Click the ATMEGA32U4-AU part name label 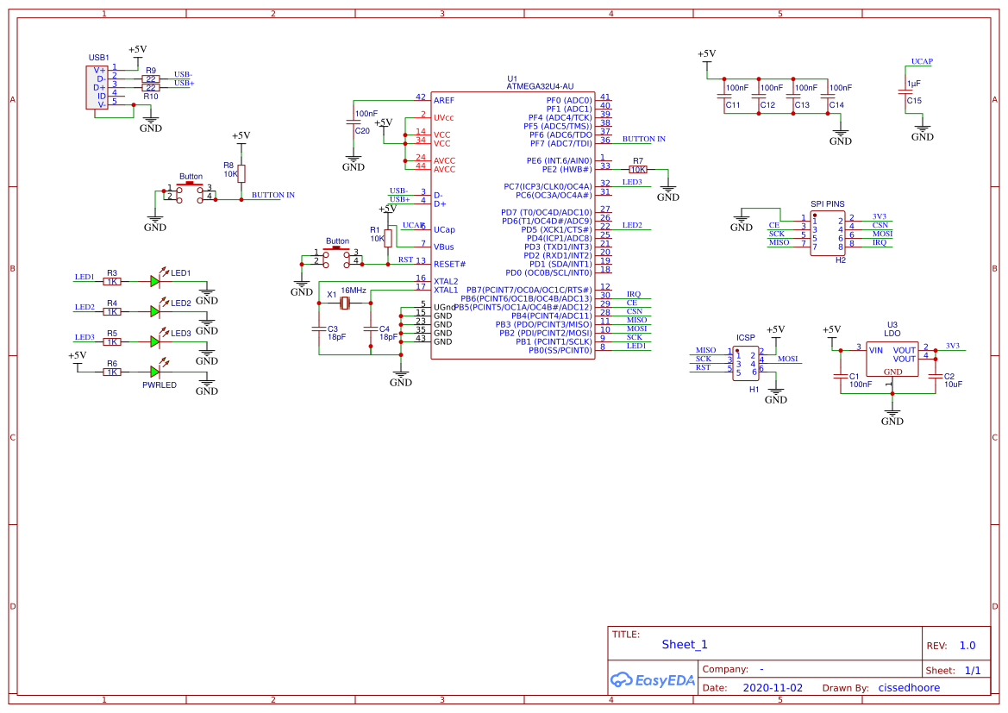(x=539, y=86)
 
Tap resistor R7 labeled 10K (x=638, y=170)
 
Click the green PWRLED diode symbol (x=155, y=371)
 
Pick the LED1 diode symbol (x=155, y=280)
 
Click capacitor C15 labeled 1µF (x=905, y=91)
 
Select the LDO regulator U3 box (x=892, y=358)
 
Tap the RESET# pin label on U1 (x=449, y=264)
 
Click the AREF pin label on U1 (x=444, y=100)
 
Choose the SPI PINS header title (x=828, y=203)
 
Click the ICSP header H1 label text (x=746, y=338)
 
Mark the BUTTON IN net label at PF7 (x=643, y=139)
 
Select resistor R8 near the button (x=241, y=173)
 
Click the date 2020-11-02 (x=773, y=688)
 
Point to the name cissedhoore (x=909, y=688)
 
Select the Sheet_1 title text (x=685, y=644)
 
